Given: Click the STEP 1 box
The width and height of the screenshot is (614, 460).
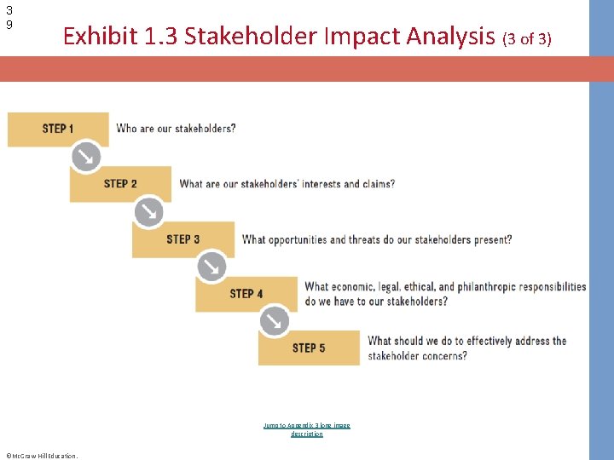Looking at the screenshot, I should coord(58,129).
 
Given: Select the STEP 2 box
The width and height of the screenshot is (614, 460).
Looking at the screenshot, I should coord(120,184).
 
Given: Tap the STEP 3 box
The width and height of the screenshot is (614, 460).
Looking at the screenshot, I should coord(182,239).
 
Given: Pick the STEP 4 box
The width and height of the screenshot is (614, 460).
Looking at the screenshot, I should coord(246,294).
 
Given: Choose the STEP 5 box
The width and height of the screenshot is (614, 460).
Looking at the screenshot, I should coord(309,348).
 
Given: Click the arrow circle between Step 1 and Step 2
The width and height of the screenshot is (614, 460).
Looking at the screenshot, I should coord(86,157).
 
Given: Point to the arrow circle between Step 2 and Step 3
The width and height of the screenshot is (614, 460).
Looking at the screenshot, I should coord(148,211).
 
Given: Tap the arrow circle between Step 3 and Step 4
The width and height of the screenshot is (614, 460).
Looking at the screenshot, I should coord(211,267).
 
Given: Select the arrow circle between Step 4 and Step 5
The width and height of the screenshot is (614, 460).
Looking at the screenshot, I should coord(274,321).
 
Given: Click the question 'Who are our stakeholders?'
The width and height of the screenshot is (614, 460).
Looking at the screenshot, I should coord(176,129).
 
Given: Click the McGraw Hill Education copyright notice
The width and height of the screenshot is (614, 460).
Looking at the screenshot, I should coord(41,455).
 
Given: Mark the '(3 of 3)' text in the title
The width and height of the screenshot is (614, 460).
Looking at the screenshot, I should coord(527,38).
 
